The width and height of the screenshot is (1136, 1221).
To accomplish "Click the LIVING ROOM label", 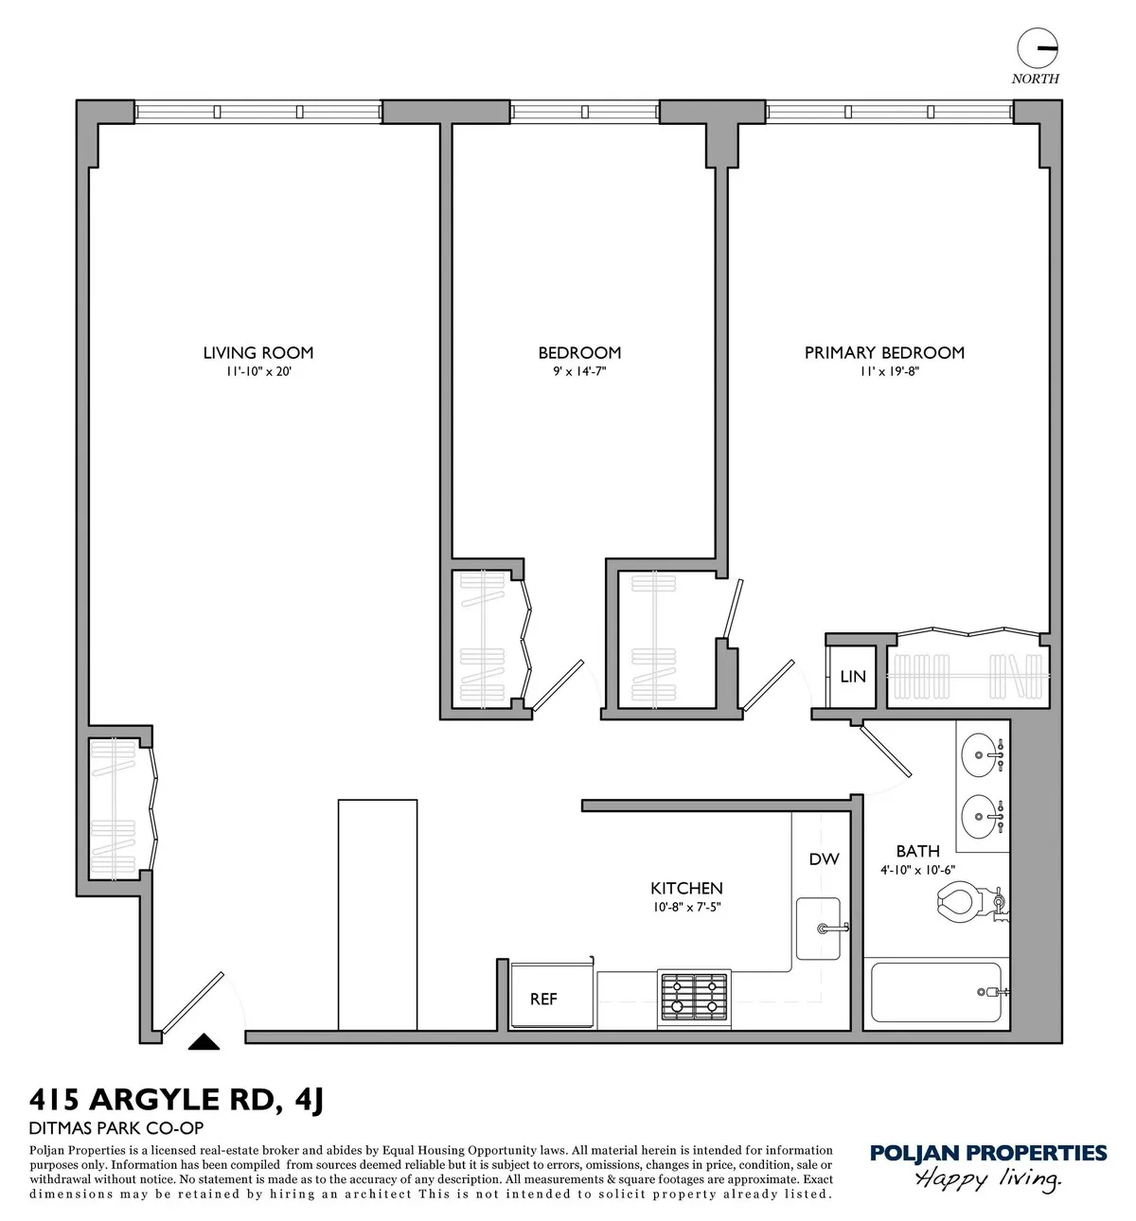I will (x=257, y=353).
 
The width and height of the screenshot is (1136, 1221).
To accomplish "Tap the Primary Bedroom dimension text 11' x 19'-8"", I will (x=884, y=372).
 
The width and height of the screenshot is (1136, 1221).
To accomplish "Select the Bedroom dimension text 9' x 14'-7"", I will (x=579, y=372).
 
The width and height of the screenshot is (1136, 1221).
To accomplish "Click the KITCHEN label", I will (x=686, y=888).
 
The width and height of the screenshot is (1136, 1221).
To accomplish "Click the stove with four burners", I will (x=693, y=997).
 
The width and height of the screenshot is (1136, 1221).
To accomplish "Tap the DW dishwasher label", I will (x=824, y=859).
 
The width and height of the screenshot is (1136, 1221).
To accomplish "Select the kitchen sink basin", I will (x=816, y=929).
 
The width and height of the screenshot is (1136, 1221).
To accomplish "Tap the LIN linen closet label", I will (x=853, y=677).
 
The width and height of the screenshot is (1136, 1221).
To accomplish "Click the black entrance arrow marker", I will (x=204, y=1042).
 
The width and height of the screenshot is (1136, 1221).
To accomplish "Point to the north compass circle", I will (x=1036, y=47).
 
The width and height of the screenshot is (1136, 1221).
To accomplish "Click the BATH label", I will (x=917, y=851).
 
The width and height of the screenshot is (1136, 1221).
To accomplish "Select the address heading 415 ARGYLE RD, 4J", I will (x=177, y=1100).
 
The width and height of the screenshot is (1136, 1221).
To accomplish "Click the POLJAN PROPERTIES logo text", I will (x=987, y=1153).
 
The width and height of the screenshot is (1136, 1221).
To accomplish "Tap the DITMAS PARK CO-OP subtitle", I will (x=116, y=1127).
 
